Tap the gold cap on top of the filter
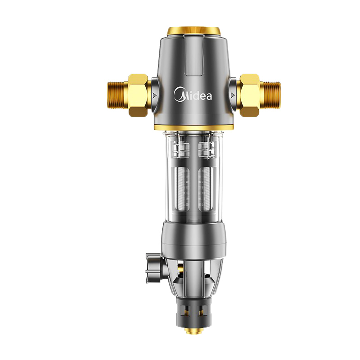pyautogui.click(x=194, y=31)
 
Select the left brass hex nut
pyautogui.click(x=138, y=95)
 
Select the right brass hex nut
pyautogui.click(x=250, y=95)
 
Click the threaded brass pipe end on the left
pyautogui.click(x=117, y=95)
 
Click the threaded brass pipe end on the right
pyautogui.click(x=270, y=95)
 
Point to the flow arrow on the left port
pyautogui.click(x=154, y=95)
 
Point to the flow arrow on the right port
pyautogui.click(x=233, y=95)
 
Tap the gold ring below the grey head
pyautogui.click(x=194, y=127)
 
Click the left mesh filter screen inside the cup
pyautogui.click(x=183, y=189)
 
